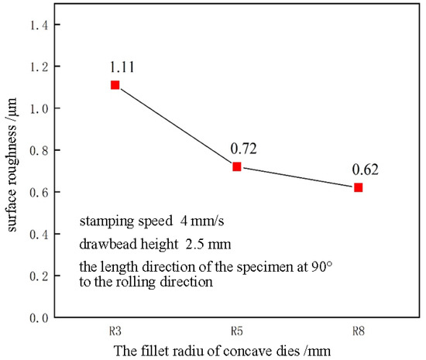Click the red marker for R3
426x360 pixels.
click(x=115, y=84)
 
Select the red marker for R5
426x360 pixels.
click(x=237, y=166)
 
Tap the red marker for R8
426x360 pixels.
click(x=358, y=187)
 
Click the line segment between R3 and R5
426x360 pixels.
click(x=176, y=125)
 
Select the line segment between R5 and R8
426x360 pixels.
click(x=297, y=177)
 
